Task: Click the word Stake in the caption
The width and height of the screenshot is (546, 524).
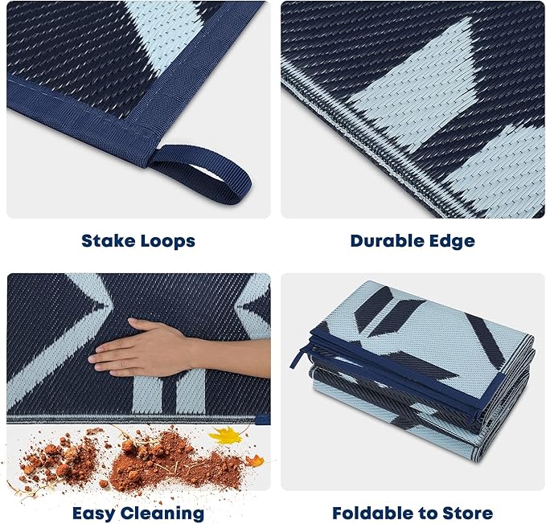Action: tap(106, 240)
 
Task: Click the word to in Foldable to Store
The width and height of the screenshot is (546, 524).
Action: tap(422, 513)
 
